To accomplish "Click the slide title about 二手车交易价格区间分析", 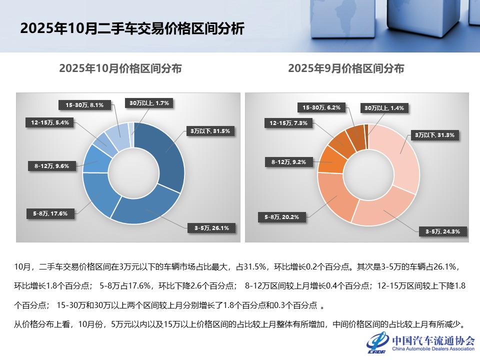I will coord(132,28).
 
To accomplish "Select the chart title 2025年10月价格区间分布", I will coord(120,68).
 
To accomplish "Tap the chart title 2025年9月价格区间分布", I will coord(346,68).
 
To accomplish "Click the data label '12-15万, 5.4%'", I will coord(49,121).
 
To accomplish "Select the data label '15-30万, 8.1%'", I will coord(84,105).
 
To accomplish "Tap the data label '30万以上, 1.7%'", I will coord(149,103).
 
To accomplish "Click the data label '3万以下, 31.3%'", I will coord(435,135).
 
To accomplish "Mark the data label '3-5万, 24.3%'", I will coord(439,231).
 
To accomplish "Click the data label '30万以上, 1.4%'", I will coord(384,107).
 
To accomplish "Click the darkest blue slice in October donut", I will coord(165,150).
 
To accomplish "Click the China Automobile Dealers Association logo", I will coord(420,342).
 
